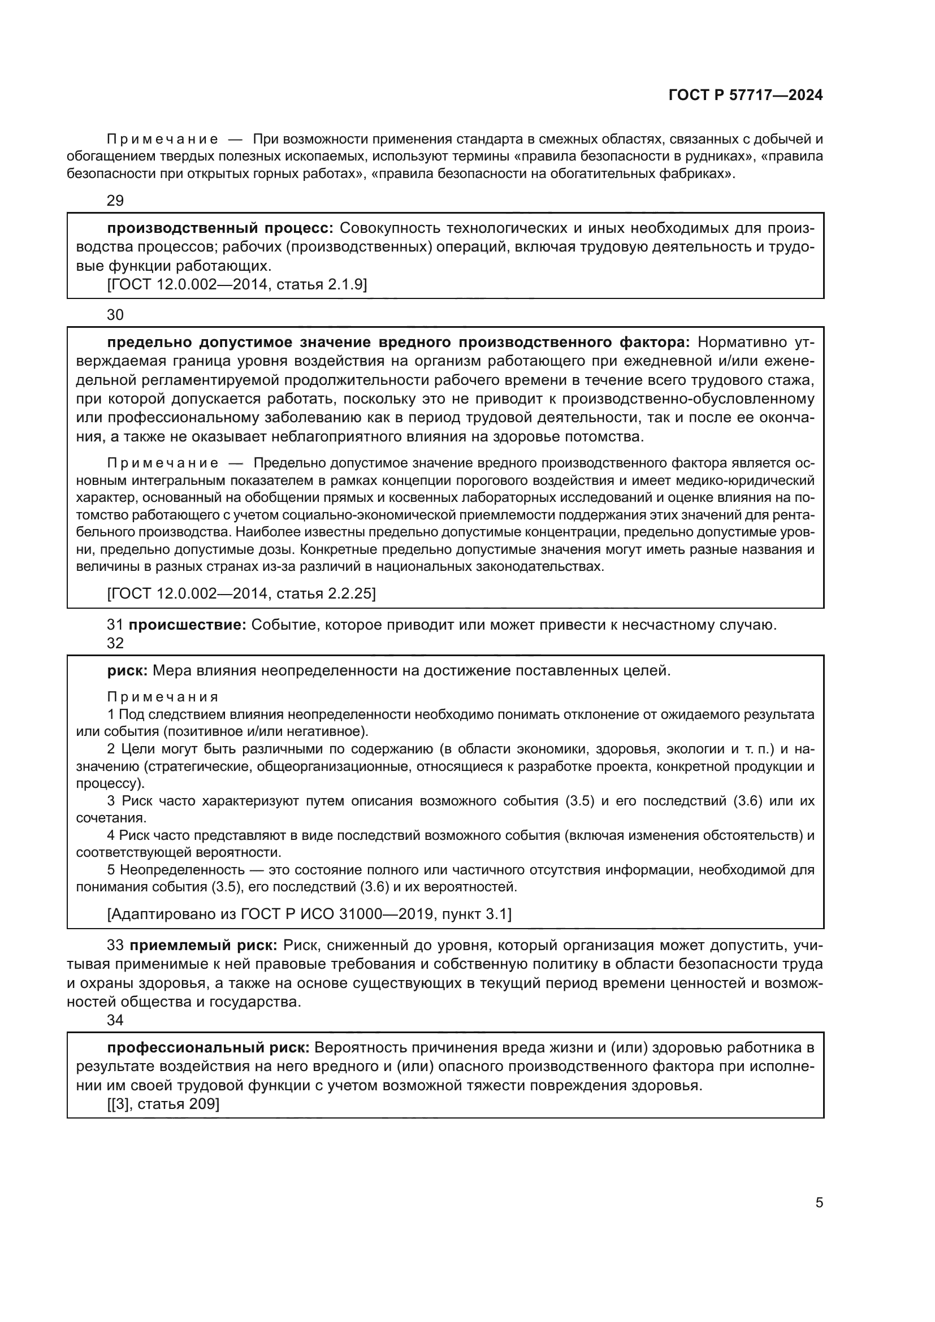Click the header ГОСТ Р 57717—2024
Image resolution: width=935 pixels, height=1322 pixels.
click(x=746, y=96)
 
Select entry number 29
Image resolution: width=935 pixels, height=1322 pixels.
click(x=115, y=201)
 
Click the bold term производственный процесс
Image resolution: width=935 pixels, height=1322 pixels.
click(x=220, y=228)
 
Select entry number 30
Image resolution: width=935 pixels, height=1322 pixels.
click(x=115, y=314)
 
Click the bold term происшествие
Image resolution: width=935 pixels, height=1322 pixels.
click(x=187, y=625)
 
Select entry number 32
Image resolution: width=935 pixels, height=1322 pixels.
click(x=115, y=643)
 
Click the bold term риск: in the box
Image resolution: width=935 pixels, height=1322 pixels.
click(x=128, y=670)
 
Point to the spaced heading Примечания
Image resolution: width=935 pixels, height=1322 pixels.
click(x=163, y=697)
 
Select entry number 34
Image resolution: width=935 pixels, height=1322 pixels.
click(x=115, y=1020)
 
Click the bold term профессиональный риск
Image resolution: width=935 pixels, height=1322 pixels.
click(x=209, y=1047)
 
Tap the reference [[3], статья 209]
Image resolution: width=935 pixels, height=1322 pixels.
click(x=163, y=1104)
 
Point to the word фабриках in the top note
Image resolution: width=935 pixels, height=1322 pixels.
click(x=704, y=174)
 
